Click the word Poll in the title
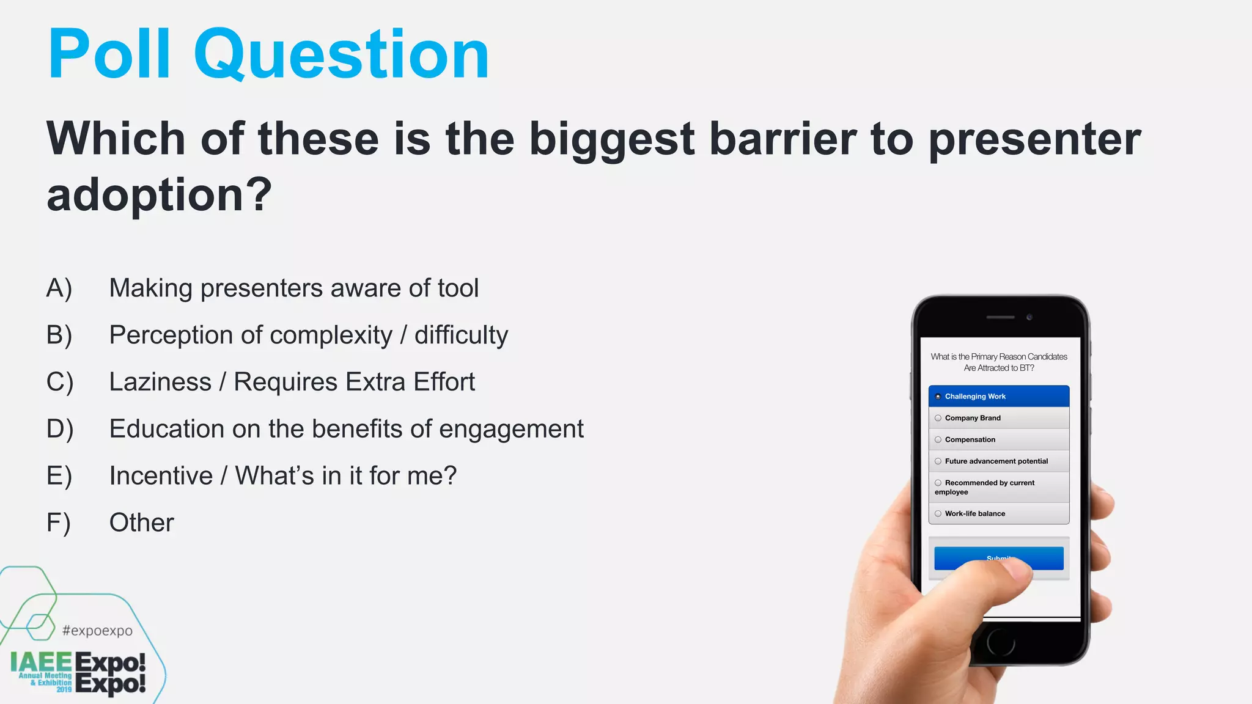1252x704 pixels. (x=109, y=55)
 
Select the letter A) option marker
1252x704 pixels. (x=59, y=288)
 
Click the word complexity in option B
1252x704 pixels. (x=331, y=335)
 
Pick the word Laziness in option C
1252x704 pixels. (x=160, y=382)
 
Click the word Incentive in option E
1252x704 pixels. (x=161, y=476)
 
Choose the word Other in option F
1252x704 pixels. (x=141, y=523)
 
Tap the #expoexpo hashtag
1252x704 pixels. (x=97, y=631)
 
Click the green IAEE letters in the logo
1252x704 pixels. (x=41, y=662)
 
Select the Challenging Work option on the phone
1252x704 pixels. (x=998, y=397)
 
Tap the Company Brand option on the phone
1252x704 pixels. (x=998, y=418)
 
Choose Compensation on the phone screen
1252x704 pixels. (x=998, y=439)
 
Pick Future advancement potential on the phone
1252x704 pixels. (x=998, y=461)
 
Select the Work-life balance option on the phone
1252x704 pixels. (x=998, y=513)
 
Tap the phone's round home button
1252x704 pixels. (x=1001, y=642)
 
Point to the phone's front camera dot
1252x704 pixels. (x=1029, y=317)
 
